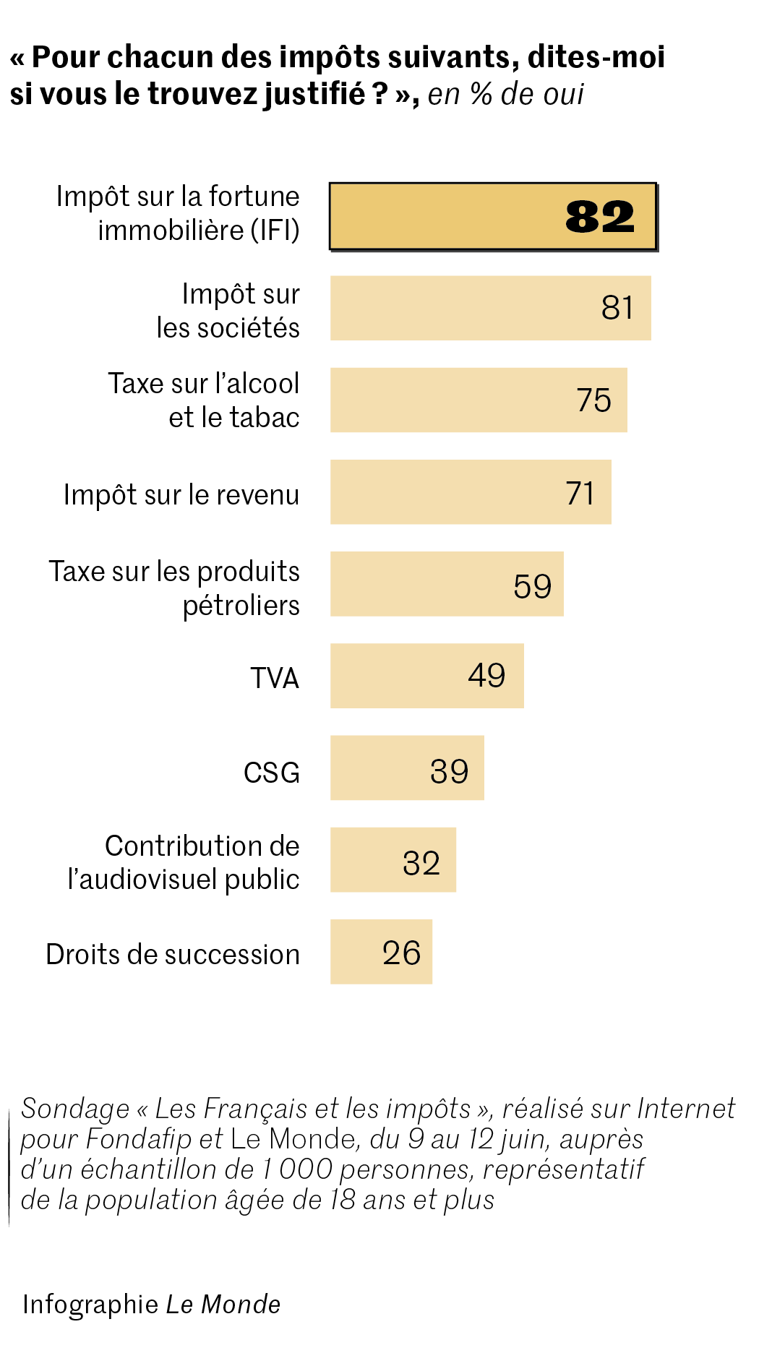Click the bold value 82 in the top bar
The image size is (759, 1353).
click(599, 217)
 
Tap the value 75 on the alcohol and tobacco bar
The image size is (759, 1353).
click(593, 400)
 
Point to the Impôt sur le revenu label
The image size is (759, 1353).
click(181, 495)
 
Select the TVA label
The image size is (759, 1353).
click(275, 679)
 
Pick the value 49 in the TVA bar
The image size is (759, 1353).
click(486, 676)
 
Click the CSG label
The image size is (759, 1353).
click(272, 773)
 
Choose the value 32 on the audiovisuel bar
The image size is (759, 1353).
click(421, 863)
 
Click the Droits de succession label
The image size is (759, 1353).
click(173, 955)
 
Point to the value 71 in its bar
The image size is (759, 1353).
click(580, 493)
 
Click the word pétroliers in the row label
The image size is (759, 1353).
click(241, 606)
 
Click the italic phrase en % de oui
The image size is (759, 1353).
click(505, 95)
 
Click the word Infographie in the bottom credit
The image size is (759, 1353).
click(90, 1305)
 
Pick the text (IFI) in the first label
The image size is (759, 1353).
click(275, 231)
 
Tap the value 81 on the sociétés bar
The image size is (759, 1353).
click(617, 308)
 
